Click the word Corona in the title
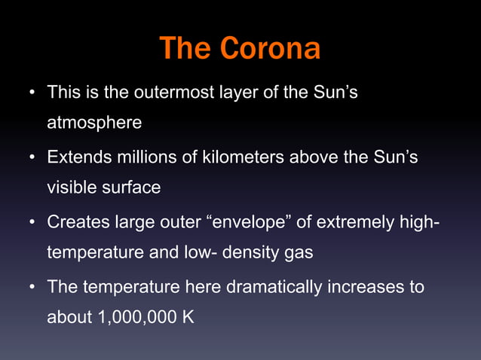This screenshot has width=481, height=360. coord(271,50)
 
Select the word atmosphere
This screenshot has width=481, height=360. coord(94,121)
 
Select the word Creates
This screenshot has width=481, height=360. coord(77,224)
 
